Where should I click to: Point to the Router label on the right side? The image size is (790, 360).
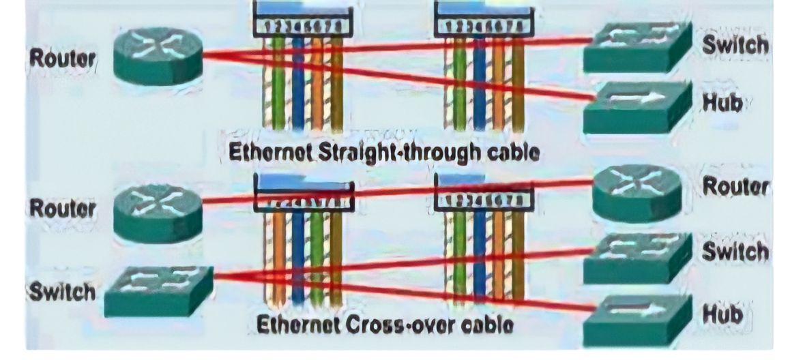(x=736, y=186)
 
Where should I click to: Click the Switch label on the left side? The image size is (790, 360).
(x=61, y=292)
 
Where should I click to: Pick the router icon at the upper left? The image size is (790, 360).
(x=157, y=55)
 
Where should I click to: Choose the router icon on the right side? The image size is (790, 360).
(x=636, y=193)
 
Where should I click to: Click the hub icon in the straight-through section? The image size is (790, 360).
(x=636, y=108)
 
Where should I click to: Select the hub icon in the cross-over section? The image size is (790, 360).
(x=636, y=318)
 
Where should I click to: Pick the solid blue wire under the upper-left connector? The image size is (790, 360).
(x=298, y=82)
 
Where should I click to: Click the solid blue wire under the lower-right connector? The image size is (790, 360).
(x=479, y=256)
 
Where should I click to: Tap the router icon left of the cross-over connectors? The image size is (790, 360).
(x=157, y=212)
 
